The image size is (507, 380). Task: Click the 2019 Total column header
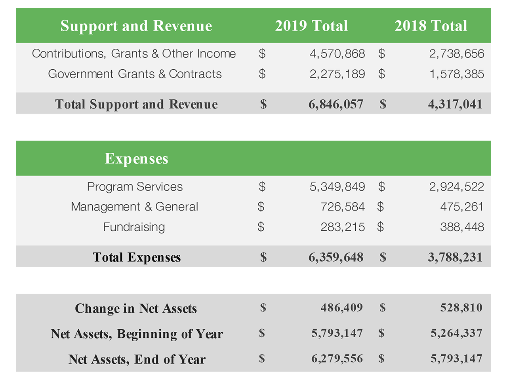(x=311, y=26)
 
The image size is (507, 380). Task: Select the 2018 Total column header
(x=431, y=26)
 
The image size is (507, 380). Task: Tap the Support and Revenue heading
(x=136, y=26)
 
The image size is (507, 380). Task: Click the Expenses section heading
(x=136, y=159)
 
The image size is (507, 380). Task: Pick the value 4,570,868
(x=337, y=54)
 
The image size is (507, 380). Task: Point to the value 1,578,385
(x=457, y=74)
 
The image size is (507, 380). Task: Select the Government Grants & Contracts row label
(x=135, y=74)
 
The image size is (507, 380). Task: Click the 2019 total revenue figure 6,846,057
(x=336, y=104)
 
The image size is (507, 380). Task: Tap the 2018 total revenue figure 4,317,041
(x=455, y=104)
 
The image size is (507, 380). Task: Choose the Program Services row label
(x=135, y=187)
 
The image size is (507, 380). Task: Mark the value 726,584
(x=343, y=207)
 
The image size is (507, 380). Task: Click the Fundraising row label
(x=134, y=227)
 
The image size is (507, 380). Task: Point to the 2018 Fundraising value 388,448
(x=462, y=227)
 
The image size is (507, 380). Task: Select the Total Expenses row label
(x=137, y=257)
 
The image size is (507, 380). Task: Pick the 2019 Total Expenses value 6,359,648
(x=336, y=257)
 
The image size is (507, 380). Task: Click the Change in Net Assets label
(x=136, y=308)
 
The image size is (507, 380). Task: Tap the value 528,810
(x=461, y=308)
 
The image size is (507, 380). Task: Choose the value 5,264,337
(x=456, y=333)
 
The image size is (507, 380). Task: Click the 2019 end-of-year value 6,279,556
(x=337, y=359)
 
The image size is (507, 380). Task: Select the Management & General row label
(x=134, y=207)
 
